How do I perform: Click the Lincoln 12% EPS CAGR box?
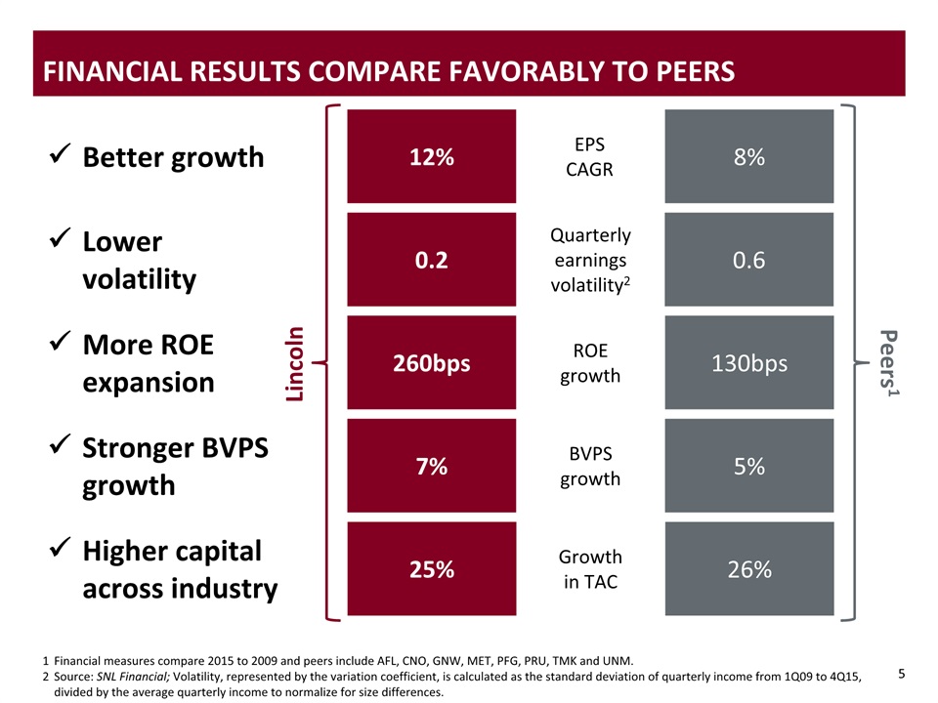(x=431, y=157)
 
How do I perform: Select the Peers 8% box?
(x=748, y=157)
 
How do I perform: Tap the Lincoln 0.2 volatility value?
(x=431, y=260)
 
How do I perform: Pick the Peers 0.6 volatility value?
(x=748, y=260)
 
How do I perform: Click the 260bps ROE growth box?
(x=431, y=363)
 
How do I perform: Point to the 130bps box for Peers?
(x=748, y=363)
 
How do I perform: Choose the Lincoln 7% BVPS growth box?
(x=431, y=467)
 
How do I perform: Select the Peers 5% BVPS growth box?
(x=748, y=467)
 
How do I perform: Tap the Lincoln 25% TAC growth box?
(x=431, y=569)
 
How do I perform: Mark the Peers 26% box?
(x=748, y=569)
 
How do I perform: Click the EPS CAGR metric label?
(x=589, y=156)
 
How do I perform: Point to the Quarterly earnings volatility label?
(x=589, y=260)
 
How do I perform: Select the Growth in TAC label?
(x=589, y=569)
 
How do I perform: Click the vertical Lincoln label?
(x=295, y=363)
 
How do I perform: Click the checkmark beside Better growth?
(x=58, y=154)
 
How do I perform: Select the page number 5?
(x=902, y=673)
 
